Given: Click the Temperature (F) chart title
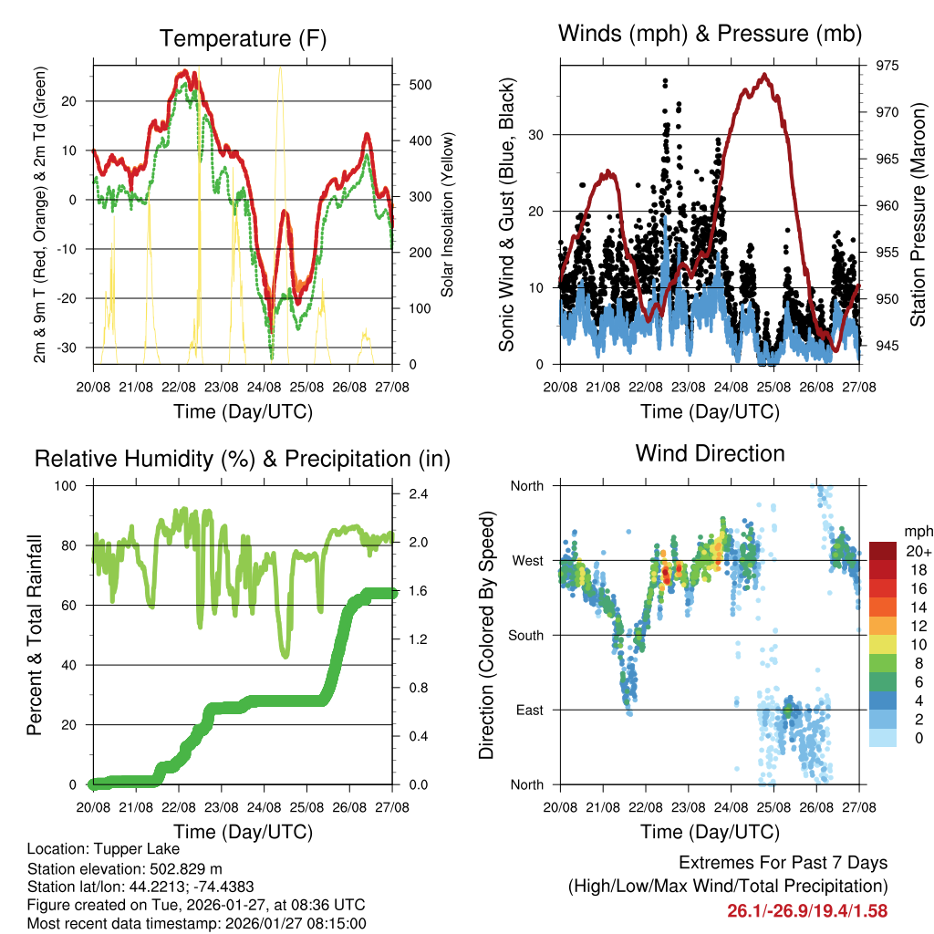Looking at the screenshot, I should click(243, 38).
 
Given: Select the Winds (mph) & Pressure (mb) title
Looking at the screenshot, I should click(710, 34).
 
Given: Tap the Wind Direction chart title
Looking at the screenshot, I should click(710, 452).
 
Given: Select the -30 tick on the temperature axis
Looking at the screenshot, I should click(75, 348).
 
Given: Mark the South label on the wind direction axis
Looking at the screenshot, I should click(525, 635).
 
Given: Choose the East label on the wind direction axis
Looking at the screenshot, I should click(529, 710).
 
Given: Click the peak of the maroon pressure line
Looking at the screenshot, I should click(764, 75).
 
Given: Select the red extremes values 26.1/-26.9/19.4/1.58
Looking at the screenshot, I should click(807, 910).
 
